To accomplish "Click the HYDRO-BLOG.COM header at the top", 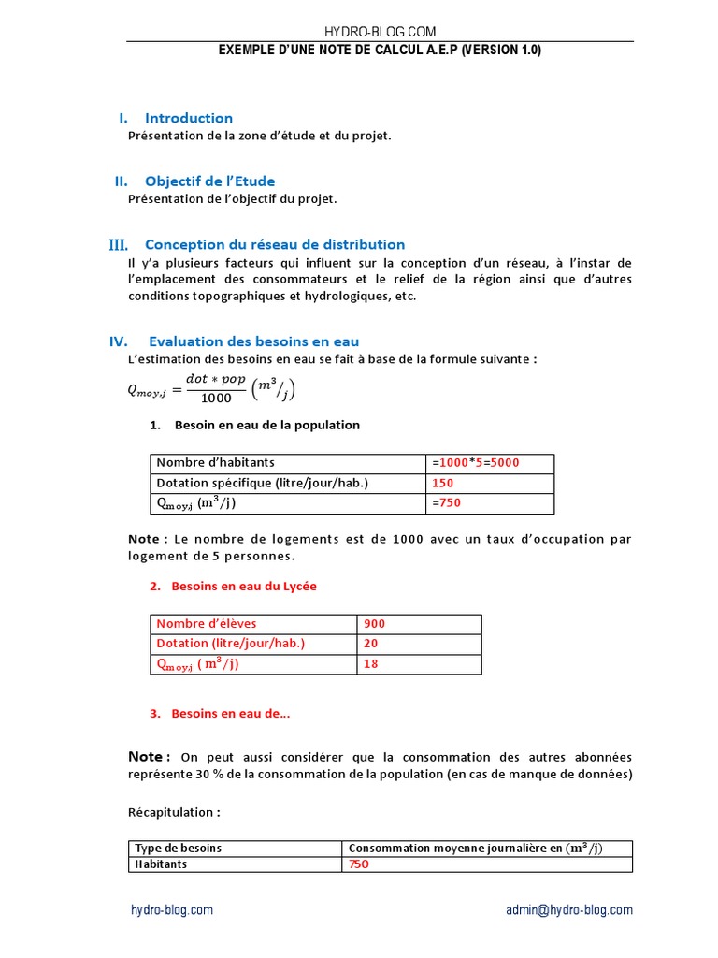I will [380, 32].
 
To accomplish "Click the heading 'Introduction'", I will [188, 118].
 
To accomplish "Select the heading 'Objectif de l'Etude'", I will [209, 181].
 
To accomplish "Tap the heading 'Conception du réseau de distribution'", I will [274, 244].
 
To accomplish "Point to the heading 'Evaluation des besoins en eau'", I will [253, 341].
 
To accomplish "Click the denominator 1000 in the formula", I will [216, 399].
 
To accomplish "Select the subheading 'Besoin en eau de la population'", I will [266, 425].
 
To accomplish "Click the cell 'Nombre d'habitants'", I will [215, 463].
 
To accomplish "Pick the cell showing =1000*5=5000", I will [476, 463].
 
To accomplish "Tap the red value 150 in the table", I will [442, 483].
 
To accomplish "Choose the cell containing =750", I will [446, 503].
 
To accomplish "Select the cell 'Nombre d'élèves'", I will [206, 624].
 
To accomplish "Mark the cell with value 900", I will [374, 624].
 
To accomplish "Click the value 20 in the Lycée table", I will [370, 644].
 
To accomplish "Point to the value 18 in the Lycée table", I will [370, 664].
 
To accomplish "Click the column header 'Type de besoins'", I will [178, 849].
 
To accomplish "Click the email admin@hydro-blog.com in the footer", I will [568, 909].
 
